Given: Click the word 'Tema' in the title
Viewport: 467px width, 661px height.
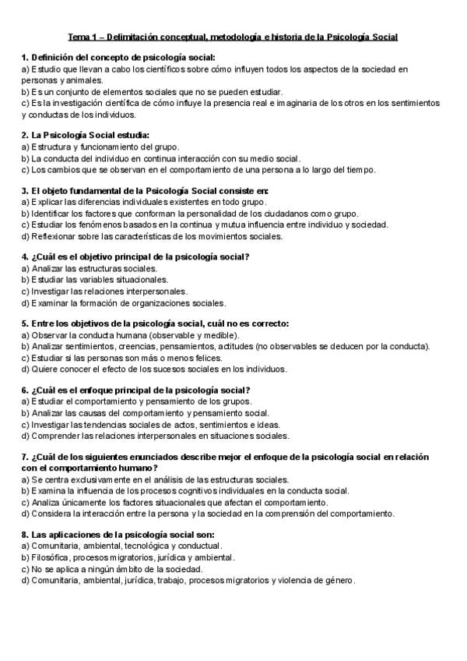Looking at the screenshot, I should [79, 37].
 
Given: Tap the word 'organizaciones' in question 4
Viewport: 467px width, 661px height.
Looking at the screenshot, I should [146, 302].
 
